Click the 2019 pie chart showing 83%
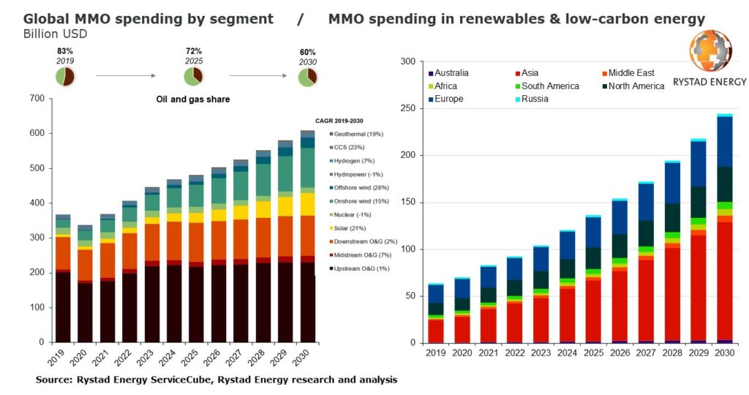coord(65,76)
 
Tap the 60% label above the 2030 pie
coord(307,53)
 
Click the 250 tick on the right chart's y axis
coord(407,108)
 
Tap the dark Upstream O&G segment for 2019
coord(63,307)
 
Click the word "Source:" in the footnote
coord(56,380)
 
